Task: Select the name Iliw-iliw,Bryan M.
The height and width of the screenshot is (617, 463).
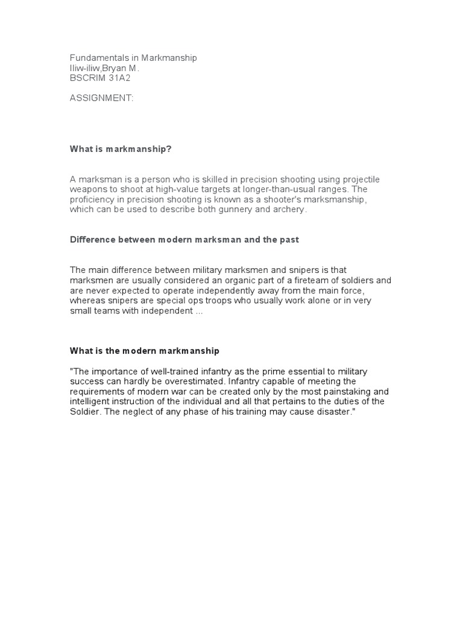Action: tap(105, 68)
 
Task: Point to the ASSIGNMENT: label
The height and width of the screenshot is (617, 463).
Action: tap(102, 98)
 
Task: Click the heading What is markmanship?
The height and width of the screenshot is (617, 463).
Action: tap(121, 149)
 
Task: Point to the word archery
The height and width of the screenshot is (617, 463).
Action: tap(291, 209)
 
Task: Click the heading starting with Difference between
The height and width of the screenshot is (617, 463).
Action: tap(184, 239)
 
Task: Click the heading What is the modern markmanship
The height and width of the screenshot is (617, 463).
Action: tap(145, 350)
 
